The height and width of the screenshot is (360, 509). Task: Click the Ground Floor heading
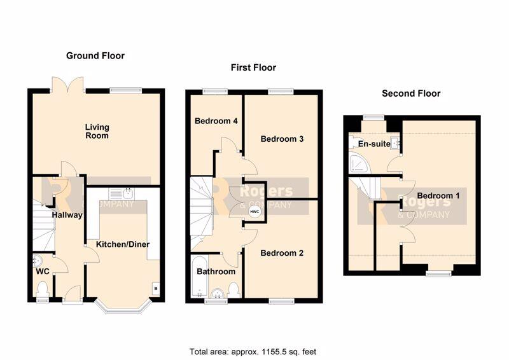point(95,56)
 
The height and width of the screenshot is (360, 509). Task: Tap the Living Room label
point(97,131)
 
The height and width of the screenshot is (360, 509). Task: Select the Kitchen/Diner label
point(123,244)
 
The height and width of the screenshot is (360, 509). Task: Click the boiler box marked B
point(156,288)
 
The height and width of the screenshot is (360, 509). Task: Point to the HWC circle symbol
point(254,212)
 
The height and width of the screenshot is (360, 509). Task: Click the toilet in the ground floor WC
point(43,289)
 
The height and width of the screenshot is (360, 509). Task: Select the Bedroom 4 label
point(216,121)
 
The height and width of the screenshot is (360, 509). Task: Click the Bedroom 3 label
point(282,139)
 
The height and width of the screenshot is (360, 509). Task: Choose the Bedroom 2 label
point(282,253)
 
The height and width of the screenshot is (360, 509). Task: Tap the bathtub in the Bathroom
point(199,277)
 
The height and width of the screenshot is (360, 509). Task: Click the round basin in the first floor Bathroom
point(217,293)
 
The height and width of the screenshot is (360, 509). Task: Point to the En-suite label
point(374,144)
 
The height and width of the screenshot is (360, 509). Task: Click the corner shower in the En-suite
point(358,163)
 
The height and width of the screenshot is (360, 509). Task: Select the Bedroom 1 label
point(438,196)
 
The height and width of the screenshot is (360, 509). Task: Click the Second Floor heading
point(411,93)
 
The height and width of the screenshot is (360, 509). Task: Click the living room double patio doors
point(68,85)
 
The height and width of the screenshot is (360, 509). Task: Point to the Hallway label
point(67,215)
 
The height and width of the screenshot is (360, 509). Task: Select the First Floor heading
point(253,67)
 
